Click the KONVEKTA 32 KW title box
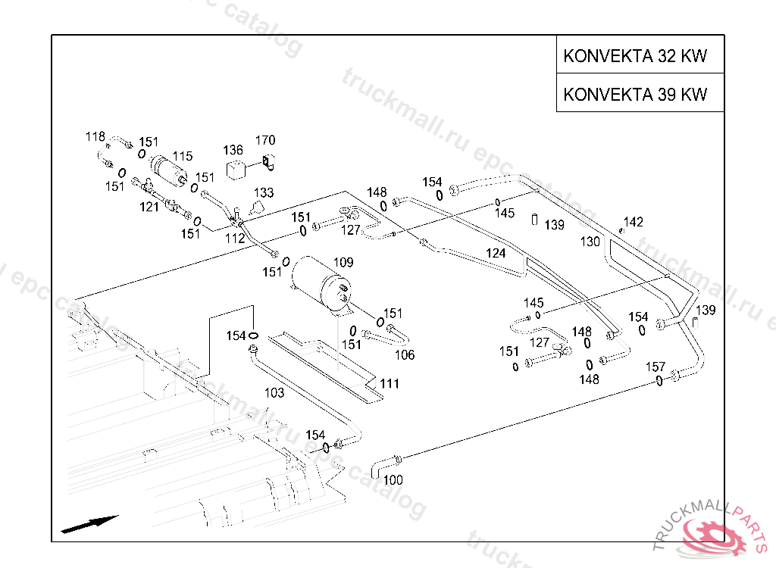tap(640, 55)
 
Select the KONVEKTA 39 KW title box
tap(640, 94)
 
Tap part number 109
tap(343, 262)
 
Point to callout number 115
tap(183, 156)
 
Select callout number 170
tap(265, 140)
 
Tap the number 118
tap(95, 136)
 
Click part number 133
tap(264, 193)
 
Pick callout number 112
tap(234, 238)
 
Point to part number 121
tap(149, 206)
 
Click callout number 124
tap(496, 253)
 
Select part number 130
tap(590, 242)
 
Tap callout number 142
tap(634, 222)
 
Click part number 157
tap(656, 367)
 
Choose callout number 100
tap(393, 479)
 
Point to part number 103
tap(274, 392)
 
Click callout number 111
tap(390, 383)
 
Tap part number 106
tap(405, 354)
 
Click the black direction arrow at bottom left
tap(89, 524)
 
